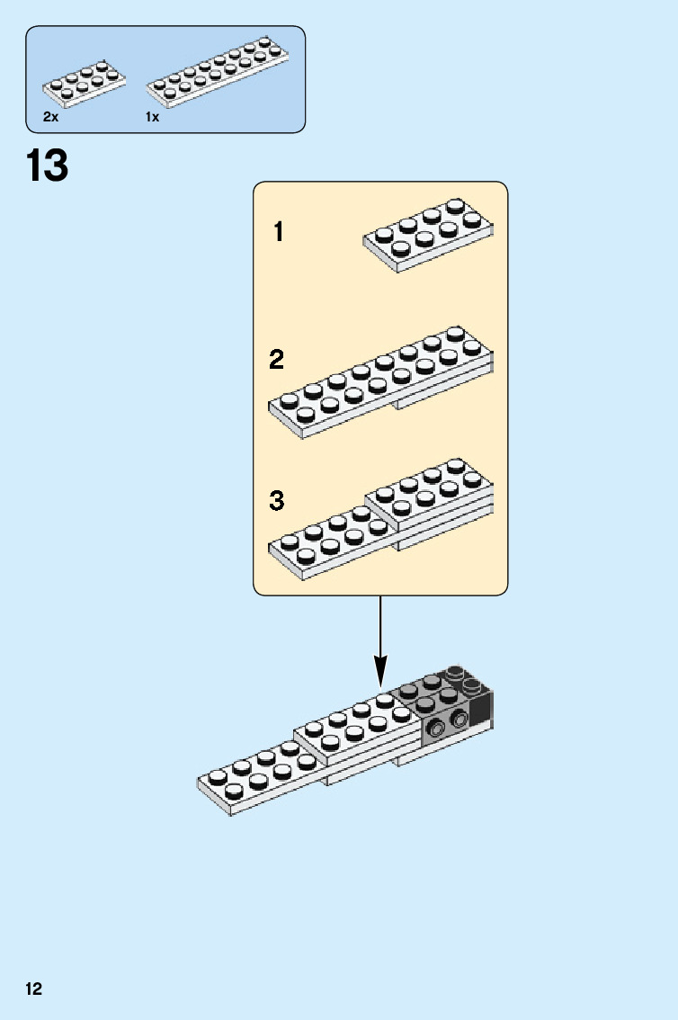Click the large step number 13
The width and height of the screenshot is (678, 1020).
coord(47,166)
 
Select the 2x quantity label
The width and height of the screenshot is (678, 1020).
coord(50,117)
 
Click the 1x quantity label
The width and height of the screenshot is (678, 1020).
coord(152,117)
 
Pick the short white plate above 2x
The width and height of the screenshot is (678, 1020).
coord(84,84)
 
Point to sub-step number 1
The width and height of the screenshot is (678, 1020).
coord(279,232)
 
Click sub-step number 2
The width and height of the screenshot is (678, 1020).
coord(277,361)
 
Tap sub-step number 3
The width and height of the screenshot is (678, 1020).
coord(277,501)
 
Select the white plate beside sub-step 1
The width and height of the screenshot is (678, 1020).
coord(428,235)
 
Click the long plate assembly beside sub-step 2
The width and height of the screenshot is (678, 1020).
coord(380,382)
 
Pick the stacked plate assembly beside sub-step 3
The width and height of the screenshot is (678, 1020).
coord(380,520)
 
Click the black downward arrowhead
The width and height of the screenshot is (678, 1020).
coord(380,669)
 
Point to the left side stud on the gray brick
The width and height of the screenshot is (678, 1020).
coord(436,729)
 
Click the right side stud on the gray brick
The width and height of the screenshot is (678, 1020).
coord(459,719)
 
